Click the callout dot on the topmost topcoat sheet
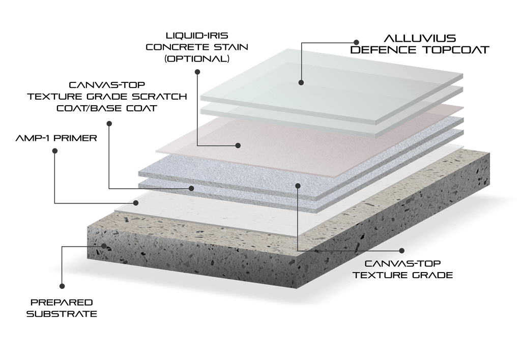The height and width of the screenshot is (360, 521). point(301,81)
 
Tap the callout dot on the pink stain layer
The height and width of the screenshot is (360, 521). point(238,145)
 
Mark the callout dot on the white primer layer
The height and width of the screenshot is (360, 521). point(136,203)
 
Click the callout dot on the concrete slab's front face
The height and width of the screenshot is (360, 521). point(104,246)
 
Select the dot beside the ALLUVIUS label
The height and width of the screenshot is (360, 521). point(356,42)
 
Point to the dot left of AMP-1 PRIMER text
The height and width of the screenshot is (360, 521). point(55,151)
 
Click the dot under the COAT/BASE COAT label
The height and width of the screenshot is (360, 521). point(109,123)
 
